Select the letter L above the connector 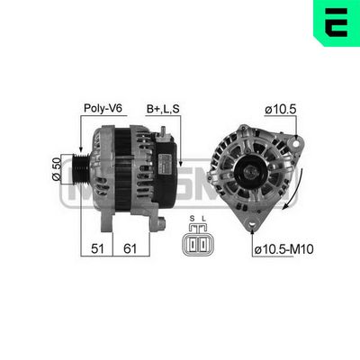[x=206, y=219]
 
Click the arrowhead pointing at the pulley [x=82, y=148]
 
